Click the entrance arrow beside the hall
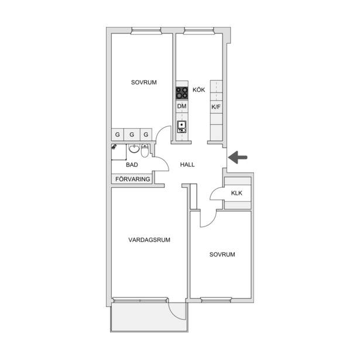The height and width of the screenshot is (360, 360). [x=238, y=157]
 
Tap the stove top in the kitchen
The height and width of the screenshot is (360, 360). [x=182, y=93]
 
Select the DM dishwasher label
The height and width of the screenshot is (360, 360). [x=181, y=107]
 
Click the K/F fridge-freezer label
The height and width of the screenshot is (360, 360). [x=216, y=107]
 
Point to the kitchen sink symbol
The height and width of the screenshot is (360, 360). [x=182, y=127]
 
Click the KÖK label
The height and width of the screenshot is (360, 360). [x=198, y=90]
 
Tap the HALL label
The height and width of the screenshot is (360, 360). [x=187, y=164]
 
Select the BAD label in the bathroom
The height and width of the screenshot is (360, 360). [x=132, y=165]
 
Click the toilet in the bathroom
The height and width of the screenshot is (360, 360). [x=145, y=150]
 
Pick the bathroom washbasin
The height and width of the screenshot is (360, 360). [x=134, y=149]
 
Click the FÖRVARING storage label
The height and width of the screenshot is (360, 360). [x=133, y=179]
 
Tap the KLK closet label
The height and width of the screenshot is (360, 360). [x=236, y=193]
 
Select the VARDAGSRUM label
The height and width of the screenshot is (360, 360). [x=149, y=240]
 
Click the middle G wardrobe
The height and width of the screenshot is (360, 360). [x=132, y=135]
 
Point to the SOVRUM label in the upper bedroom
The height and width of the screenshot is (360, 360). [x=144, y=83]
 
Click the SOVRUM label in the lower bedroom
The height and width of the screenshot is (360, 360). [x=222, y=255]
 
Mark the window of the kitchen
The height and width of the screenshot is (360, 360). [x=198, y=30]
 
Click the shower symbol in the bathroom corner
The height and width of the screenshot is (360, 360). [x=114, y=147]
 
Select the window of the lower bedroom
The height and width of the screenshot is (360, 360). [x=216, y=300]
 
